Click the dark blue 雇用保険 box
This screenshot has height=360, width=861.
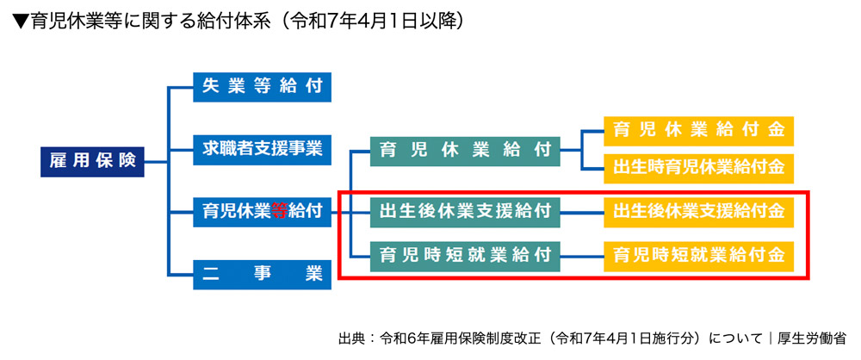coord(92,160)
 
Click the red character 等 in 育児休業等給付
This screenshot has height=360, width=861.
coord(280,210)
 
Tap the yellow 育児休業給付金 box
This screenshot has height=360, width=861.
coord(698,131)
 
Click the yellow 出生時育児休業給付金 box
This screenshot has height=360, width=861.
coord(698,166)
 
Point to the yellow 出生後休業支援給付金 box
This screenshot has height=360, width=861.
coord(698,210)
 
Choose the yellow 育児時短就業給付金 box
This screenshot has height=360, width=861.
coord(698,254)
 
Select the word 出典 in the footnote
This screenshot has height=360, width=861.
coord(354,339)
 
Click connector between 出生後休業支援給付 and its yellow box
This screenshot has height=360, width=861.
coord(583,210)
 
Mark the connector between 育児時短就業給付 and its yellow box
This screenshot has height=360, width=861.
coord(583,254)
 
